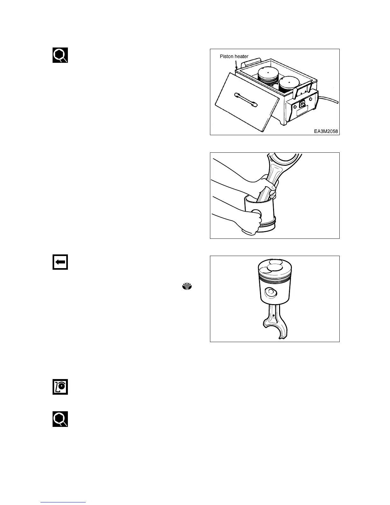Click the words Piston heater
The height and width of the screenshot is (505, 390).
tap(234, 56)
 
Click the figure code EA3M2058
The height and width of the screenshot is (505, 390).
tap(325, 131)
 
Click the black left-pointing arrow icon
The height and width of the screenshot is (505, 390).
tap(60, 262)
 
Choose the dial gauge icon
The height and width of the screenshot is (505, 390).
tap(60, 387)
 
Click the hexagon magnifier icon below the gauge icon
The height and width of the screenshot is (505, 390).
tap(60, 419)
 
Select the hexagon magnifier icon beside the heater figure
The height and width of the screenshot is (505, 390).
tap(60, 55)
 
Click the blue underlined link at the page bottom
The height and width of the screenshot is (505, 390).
tap(63, 502)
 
